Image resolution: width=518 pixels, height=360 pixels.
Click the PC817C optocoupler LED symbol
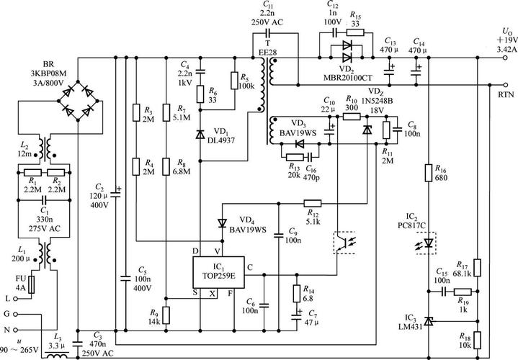point(429,243)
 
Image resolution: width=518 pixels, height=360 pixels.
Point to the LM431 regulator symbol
point(429,320)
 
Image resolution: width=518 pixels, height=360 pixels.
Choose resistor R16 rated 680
point(429,173)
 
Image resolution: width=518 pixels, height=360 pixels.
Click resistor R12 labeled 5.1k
point(313,202)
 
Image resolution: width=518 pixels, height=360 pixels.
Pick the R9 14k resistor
point(166,315)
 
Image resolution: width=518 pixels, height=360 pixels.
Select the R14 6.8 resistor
point(296,292)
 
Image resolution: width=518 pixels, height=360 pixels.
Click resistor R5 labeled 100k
point(234,81)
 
